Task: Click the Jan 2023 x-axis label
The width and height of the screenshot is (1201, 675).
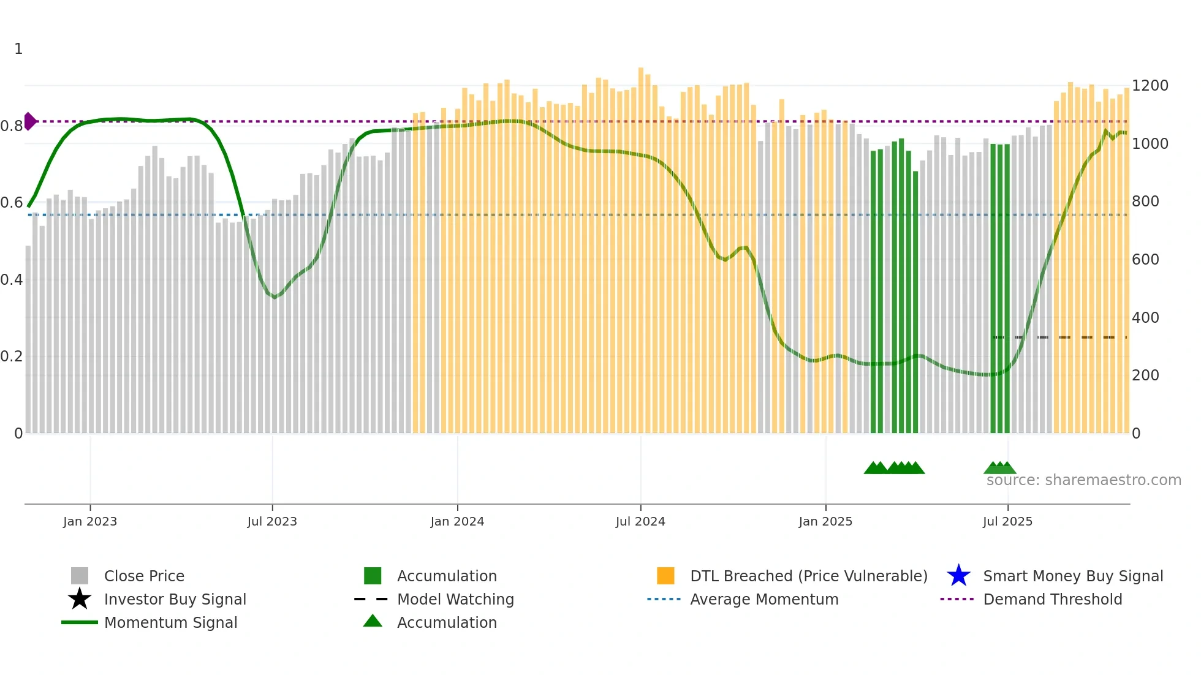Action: point(89,521)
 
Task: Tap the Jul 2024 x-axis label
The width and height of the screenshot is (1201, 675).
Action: point(640,521)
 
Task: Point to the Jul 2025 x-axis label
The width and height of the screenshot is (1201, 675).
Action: point(1007,521)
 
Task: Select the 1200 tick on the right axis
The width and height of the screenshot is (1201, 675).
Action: point(1150,86)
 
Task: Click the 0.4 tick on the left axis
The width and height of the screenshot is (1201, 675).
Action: point(12,280)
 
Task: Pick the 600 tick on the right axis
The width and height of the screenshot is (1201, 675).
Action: point(1145,260)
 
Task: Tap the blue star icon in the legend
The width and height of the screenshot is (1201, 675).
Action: point(958,576)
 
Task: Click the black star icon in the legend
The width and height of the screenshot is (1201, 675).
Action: point(80,599)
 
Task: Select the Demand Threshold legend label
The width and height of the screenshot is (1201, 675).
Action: point(1052,599)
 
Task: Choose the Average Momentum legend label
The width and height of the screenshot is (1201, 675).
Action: point(764,599)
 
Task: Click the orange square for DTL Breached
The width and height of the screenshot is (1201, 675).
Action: point(665,576)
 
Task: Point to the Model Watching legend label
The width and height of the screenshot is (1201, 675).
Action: point(455,599)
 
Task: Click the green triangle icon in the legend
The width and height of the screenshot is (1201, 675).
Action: point(373,621)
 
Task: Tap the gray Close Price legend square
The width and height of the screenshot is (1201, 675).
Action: point(80,576)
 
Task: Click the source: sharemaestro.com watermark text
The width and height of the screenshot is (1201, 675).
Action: point(1083,480)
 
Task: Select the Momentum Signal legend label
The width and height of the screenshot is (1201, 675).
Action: point(170,622)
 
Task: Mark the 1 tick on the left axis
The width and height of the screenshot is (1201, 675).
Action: point(18,49)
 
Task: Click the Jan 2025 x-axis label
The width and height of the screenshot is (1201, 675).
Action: point(825,521)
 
